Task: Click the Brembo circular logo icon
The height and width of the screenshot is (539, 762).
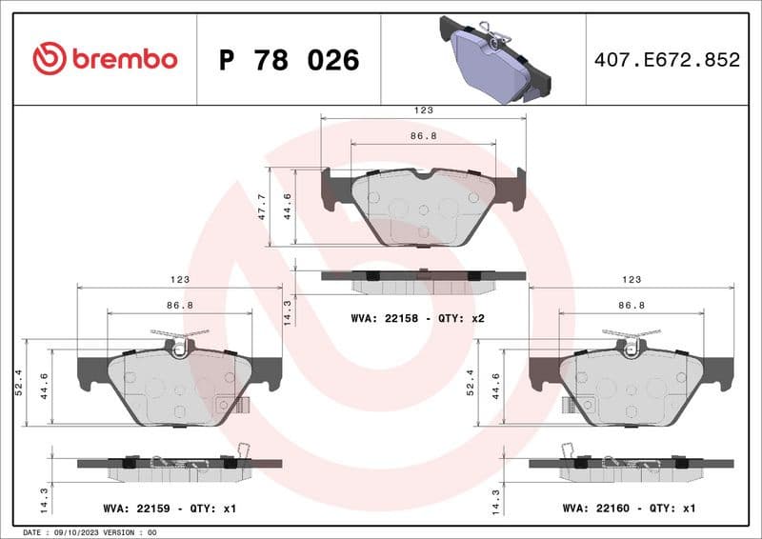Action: point(49,59)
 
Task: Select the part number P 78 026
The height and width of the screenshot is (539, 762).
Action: point(289,60)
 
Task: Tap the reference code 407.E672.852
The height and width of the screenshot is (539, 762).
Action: point(667,60)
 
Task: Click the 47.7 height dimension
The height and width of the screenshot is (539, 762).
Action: point(262,207)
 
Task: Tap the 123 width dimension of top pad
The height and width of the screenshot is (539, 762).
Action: point(423,111)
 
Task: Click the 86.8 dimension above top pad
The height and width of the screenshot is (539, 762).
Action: point(423,136)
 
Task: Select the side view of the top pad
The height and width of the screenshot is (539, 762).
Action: point(423,279)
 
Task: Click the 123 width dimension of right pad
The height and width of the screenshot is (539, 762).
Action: point(631,280)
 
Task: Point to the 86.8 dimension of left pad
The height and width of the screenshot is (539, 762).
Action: point(179,305)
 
